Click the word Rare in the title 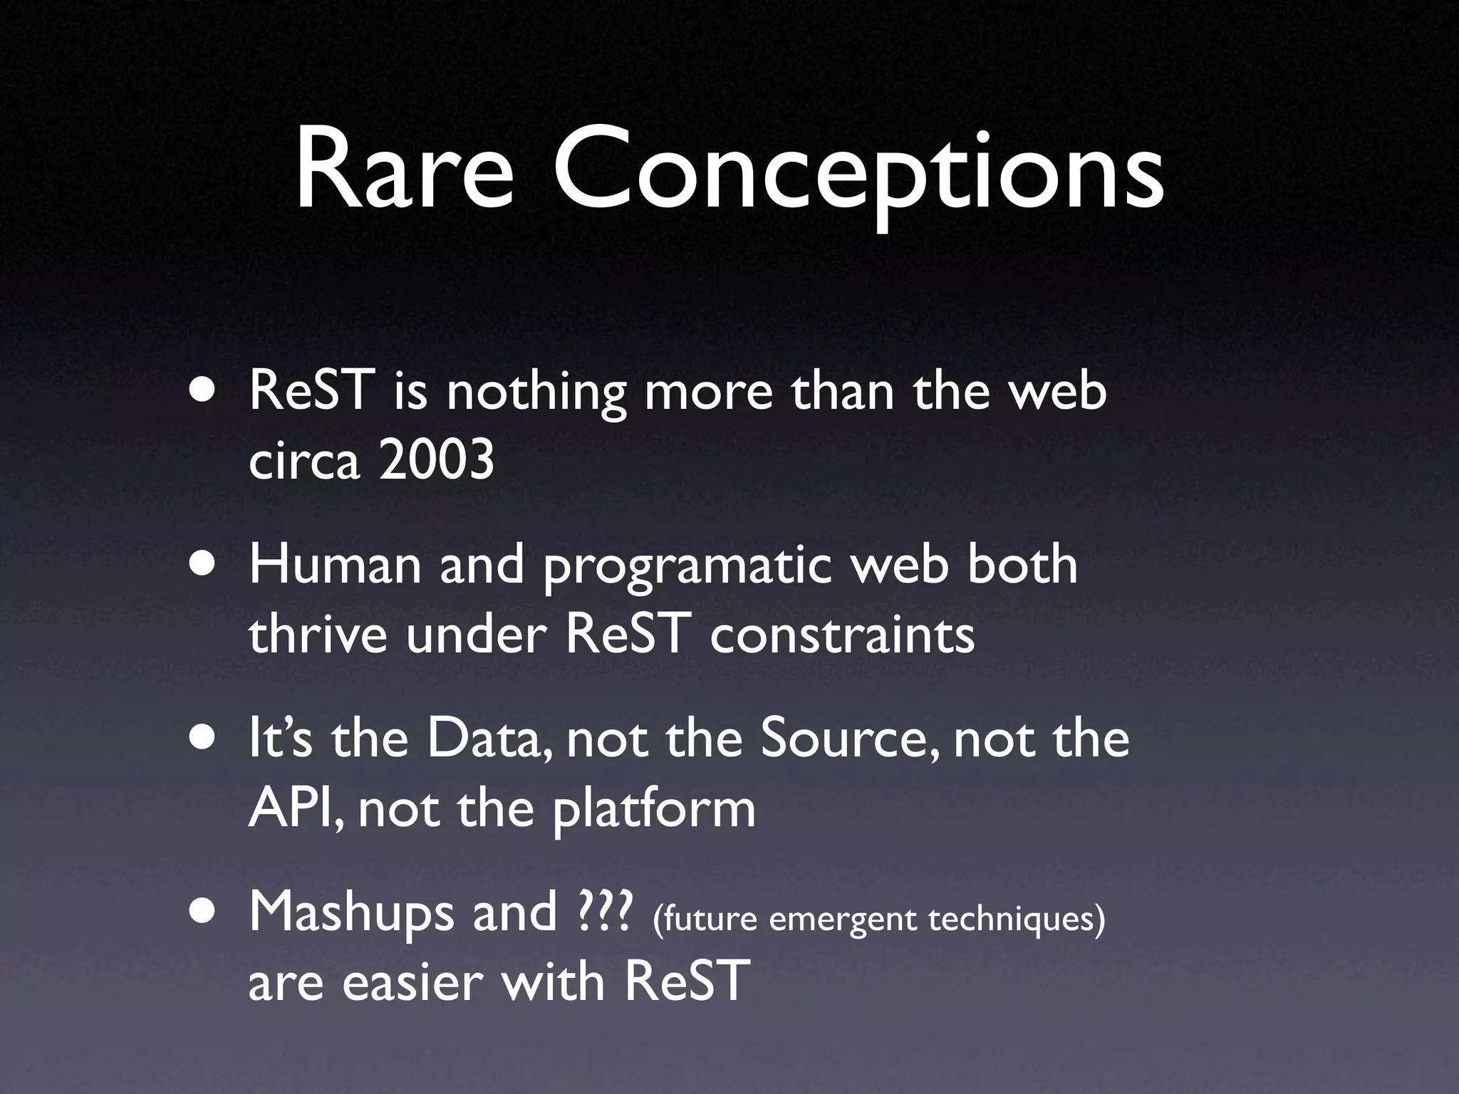click(403, 173)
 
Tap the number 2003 click(436, 461)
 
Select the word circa click(304, 461)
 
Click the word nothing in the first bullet click(536, 394)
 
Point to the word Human click(334, 566)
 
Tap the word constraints click(842, 634)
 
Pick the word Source click(850, 739)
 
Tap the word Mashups click(351, 915)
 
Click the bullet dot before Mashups click(204, 914)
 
